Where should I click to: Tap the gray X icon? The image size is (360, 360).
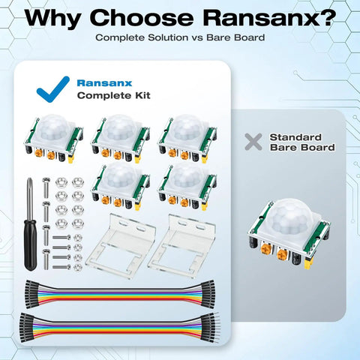click(253, 142)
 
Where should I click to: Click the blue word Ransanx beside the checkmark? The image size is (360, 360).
click(104, 83)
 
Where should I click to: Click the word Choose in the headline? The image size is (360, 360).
click(142, 18)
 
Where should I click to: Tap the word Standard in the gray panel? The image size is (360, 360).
click(295, 137)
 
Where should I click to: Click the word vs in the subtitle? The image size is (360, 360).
click(197, 37)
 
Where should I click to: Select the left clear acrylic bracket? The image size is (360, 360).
click(121, 246)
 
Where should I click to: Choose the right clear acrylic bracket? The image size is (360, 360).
click(181, 245)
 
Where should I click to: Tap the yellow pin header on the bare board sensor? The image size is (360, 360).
click(308, 263)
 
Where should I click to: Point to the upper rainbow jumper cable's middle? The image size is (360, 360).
click(120, 294)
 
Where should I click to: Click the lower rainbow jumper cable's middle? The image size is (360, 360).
click(120, 328)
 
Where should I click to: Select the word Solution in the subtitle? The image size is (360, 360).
click(168, 37)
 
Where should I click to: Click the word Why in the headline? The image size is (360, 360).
click(52, 19)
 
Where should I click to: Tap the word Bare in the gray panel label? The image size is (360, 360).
click(283, 148)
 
